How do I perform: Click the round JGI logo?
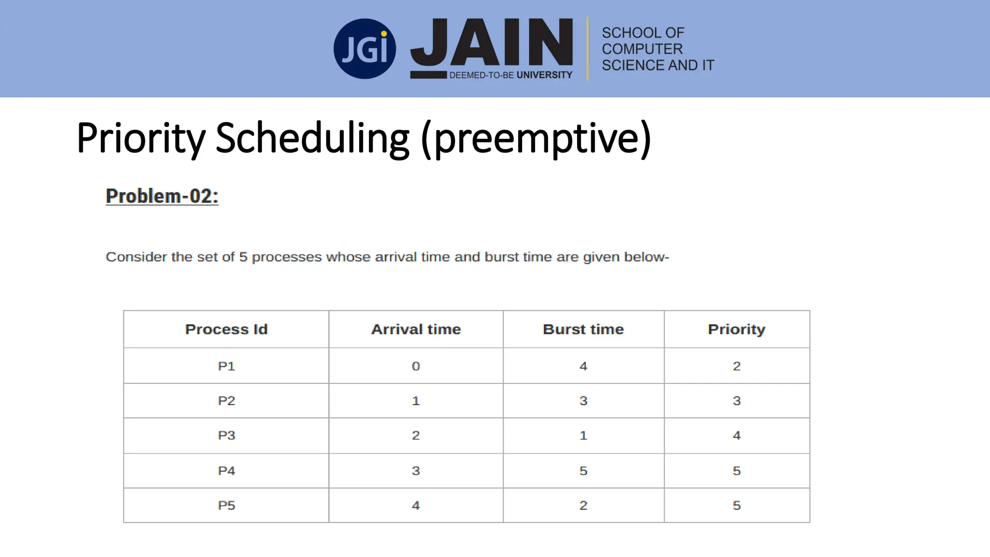click(364, 49)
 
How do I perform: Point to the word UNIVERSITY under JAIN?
click(544, 75)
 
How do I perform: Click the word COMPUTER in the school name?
click(642, 49)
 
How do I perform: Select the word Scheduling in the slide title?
click(312, 138)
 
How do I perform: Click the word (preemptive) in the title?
click(536, 138)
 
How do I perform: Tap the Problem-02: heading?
click(162, 196)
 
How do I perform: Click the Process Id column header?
click(226, 329)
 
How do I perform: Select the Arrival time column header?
click(416, 329)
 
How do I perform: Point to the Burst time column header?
click(583, 329)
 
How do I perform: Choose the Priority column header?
click(737, 329)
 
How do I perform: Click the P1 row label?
click(226, 366)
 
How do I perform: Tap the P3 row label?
click(226, 435)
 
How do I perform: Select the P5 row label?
click(226, 505)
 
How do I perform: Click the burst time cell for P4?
click(583, 470)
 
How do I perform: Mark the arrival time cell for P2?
click(416, 401)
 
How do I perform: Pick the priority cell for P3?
click(737, 435)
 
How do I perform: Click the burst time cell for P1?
click(583, 366)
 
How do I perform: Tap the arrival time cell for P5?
click(416, 505)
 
